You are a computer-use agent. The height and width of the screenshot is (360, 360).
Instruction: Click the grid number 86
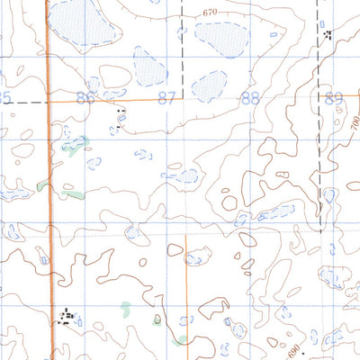85,98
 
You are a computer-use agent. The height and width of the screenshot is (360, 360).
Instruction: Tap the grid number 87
166,98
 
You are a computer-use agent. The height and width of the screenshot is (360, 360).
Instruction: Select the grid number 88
250,98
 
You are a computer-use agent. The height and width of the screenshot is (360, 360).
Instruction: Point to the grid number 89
334,98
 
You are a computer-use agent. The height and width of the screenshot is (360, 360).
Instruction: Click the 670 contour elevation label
211,12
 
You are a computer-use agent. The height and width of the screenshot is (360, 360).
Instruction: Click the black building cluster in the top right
327,34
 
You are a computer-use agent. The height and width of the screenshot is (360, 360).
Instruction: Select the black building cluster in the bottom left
65,316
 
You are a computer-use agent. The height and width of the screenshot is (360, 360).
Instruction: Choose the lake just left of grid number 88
209,87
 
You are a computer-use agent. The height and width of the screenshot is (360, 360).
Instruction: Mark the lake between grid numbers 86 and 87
149,67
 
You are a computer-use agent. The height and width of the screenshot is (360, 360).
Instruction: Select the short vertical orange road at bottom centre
185,279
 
